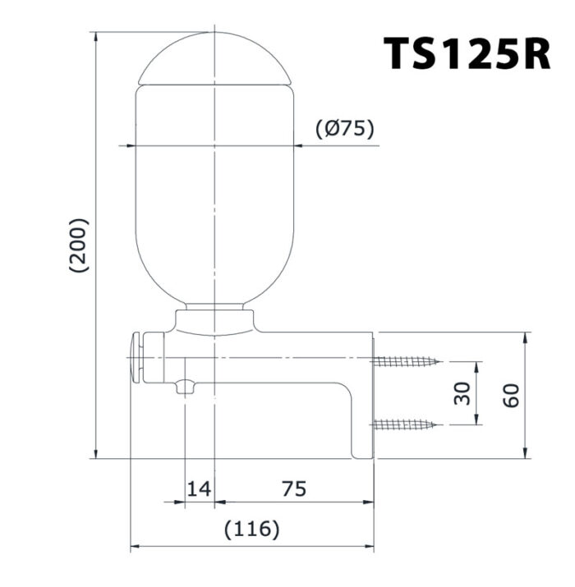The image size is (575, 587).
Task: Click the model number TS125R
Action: (467, 53)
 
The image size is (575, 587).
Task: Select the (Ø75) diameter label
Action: (345, 128)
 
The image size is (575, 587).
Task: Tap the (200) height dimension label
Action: (79, 245)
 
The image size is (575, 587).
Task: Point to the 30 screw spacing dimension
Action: (462, 393)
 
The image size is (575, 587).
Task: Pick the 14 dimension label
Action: (198, 489)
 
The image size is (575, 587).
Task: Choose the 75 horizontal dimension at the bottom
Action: (293, 489)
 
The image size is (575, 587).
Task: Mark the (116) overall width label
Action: (252, 530)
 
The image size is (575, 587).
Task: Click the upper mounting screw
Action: (407, 361)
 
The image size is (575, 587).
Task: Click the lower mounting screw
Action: (407, 424)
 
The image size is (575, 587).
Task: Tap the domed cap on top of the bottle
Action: (214, 59)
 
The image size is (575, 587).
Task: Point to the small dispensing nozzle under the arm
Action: (186, 386)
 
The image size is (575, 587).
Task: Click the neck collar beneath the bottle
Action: (214, 320)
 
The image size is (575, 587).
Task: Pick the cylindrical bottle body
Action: (214, 197)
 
